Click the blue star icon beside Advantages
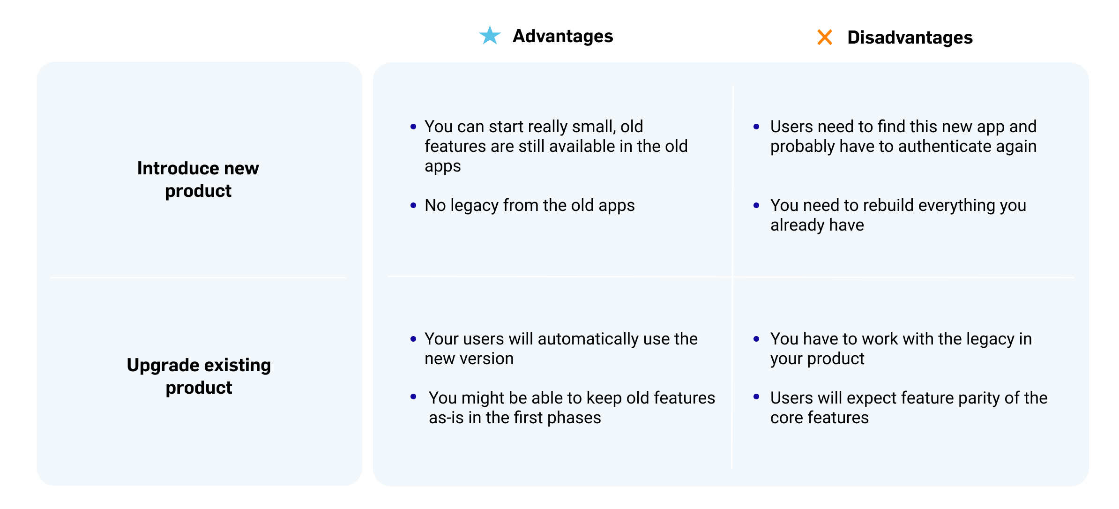[490, 36]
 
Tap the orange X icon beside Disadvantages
[825, 37]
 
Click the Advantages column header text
[562, 36]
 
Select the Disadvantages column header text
[910, 37]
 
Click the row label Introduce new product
[198, 179]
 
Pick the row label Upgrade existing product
[199, 376]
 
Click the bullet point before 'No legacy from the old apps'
[413, 205]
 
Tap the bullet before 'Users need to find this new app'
[756, 127]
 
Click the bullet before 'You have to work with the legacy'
[756, 339]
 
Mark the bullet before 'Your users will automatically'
[413, 339]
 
